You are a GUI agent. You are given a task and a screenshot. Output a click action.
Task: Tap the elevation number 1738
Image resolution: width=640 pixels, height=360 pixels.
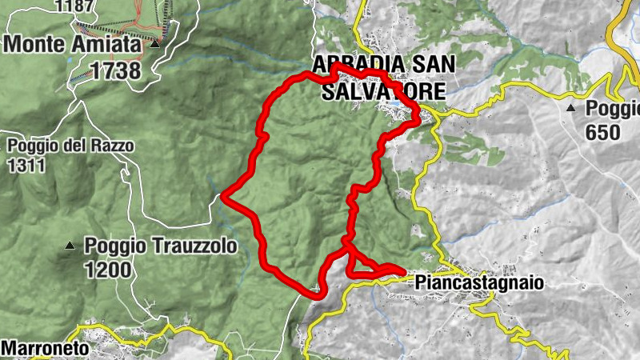(x=115, y=70)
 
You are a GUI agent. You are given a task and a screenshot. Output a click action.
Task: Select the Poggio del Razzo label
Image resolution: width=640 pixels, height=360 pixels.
(x=70, y=146)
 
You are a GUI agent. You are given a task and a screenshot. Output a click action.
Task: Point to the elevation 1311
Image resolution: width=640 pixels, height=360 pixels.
(x=25, y=166)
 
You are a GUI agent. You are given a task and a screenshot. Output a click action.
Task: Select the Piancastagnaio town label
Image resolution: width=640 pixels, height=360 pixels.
(x=479, y=282)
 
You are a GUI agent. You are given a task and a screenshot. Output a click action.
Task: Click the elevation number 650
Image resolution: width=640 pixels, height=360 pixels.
(x=603, y=132)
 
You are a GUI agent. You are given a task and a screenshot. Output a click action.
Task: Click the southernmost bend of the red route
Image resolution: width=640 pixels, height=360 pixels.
(x=314, y=294)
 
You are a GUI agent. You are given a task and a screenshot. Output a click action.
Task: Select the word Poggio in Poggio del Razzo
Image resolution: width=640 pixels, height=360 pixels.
(x=31, y=146)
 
